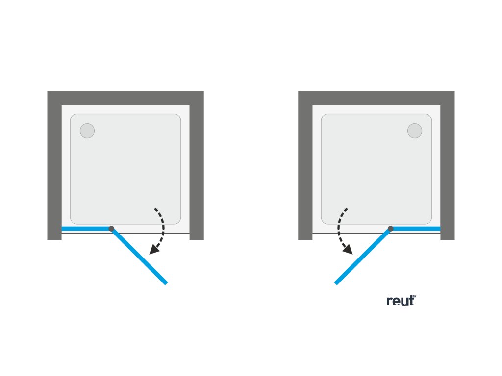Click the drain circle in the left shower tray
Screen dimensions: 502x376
[87, 131]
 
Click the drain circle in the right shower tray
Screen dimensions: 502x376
[415, 131]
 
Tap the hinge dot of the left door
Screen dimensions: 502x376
[111, 229]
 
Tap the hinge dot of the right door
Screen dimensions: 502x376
[391, 229]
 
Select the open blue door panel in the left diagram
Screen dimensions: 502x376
[140, 257]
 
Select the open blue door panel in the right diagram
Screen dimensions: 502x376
[363, 256]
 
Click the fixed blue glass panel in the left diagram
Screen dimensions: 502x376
[86, 229]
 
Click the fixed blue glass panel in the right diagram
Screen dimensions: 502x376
[416, 229]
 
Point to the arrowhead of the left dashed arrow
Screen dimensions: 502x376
[154, 250]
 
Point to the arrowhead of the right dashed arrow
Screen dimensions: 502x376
[348, 250]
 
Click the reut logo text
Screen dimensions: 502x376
[400, 301]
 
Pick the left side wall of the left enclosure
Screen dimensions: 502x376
[54, 171]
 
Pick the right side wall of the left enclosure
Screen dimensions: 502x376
[197, 171]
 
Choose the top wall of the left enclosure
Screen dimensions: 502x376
[125, 98]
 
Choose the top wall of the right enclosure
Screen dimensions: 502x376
[376, 98]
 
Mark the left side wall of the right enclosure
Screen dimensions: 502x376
[305, 171]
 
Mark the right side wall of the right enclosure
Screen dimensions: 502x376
[448, 171]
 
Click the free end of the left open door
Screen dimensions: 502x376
[166, 282]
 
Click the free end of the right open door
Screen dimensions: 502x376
[336, 282]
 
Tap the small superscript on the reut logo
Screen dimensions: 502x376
[414, 296]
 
